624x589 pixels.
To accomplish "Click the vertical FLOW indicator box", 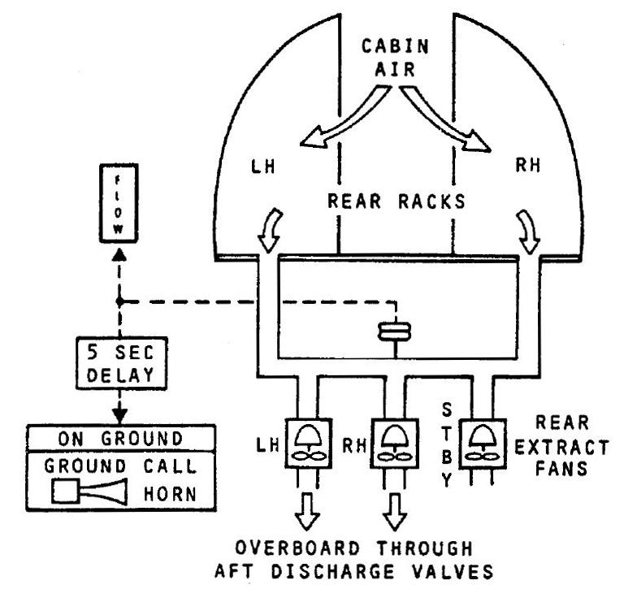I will (x=119, y=202).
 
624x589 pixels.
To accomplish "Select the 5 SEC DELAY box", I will (x=119, y=362).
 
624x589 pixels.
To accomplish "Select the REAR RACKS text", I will (x=396, y=202).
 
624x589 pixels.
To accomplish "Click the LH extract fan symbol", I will (x=306, y=444).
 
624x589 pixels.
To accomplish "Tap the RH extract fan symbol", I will (x=393, y=444).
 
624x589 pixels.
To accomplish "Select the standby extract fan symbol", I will (x=482, y=444).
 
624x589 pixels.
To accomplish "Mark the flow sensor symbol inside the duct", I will (x=395, y=332).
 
